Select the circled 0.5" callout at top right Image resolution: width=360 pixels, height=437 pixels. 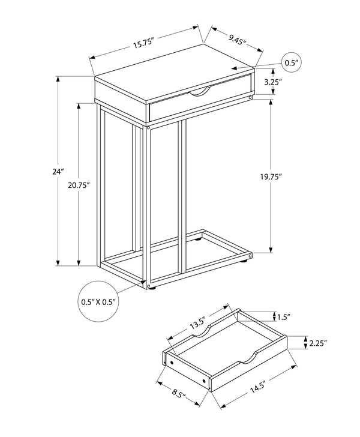click(292, 62)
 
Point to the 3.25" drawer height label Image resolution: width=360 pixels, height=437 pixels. click(290, 83)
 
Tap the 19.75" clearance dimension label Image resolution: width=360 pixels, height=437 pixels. click(271, 176)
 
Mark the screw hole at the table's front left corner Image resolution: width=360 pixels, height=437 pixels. click(148, 127)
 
